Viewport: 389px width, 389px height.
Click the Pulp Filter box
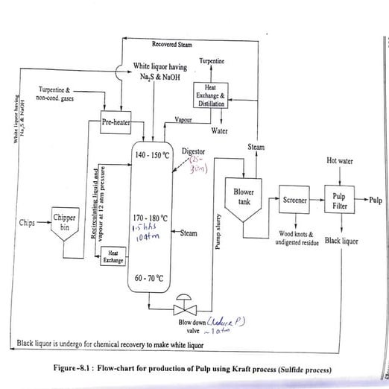pos(339,200)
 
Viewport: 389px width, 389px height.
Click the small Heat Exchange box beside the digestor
pos(113,256)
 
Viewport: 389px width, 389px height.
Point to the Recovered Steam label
pos(171,45)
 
